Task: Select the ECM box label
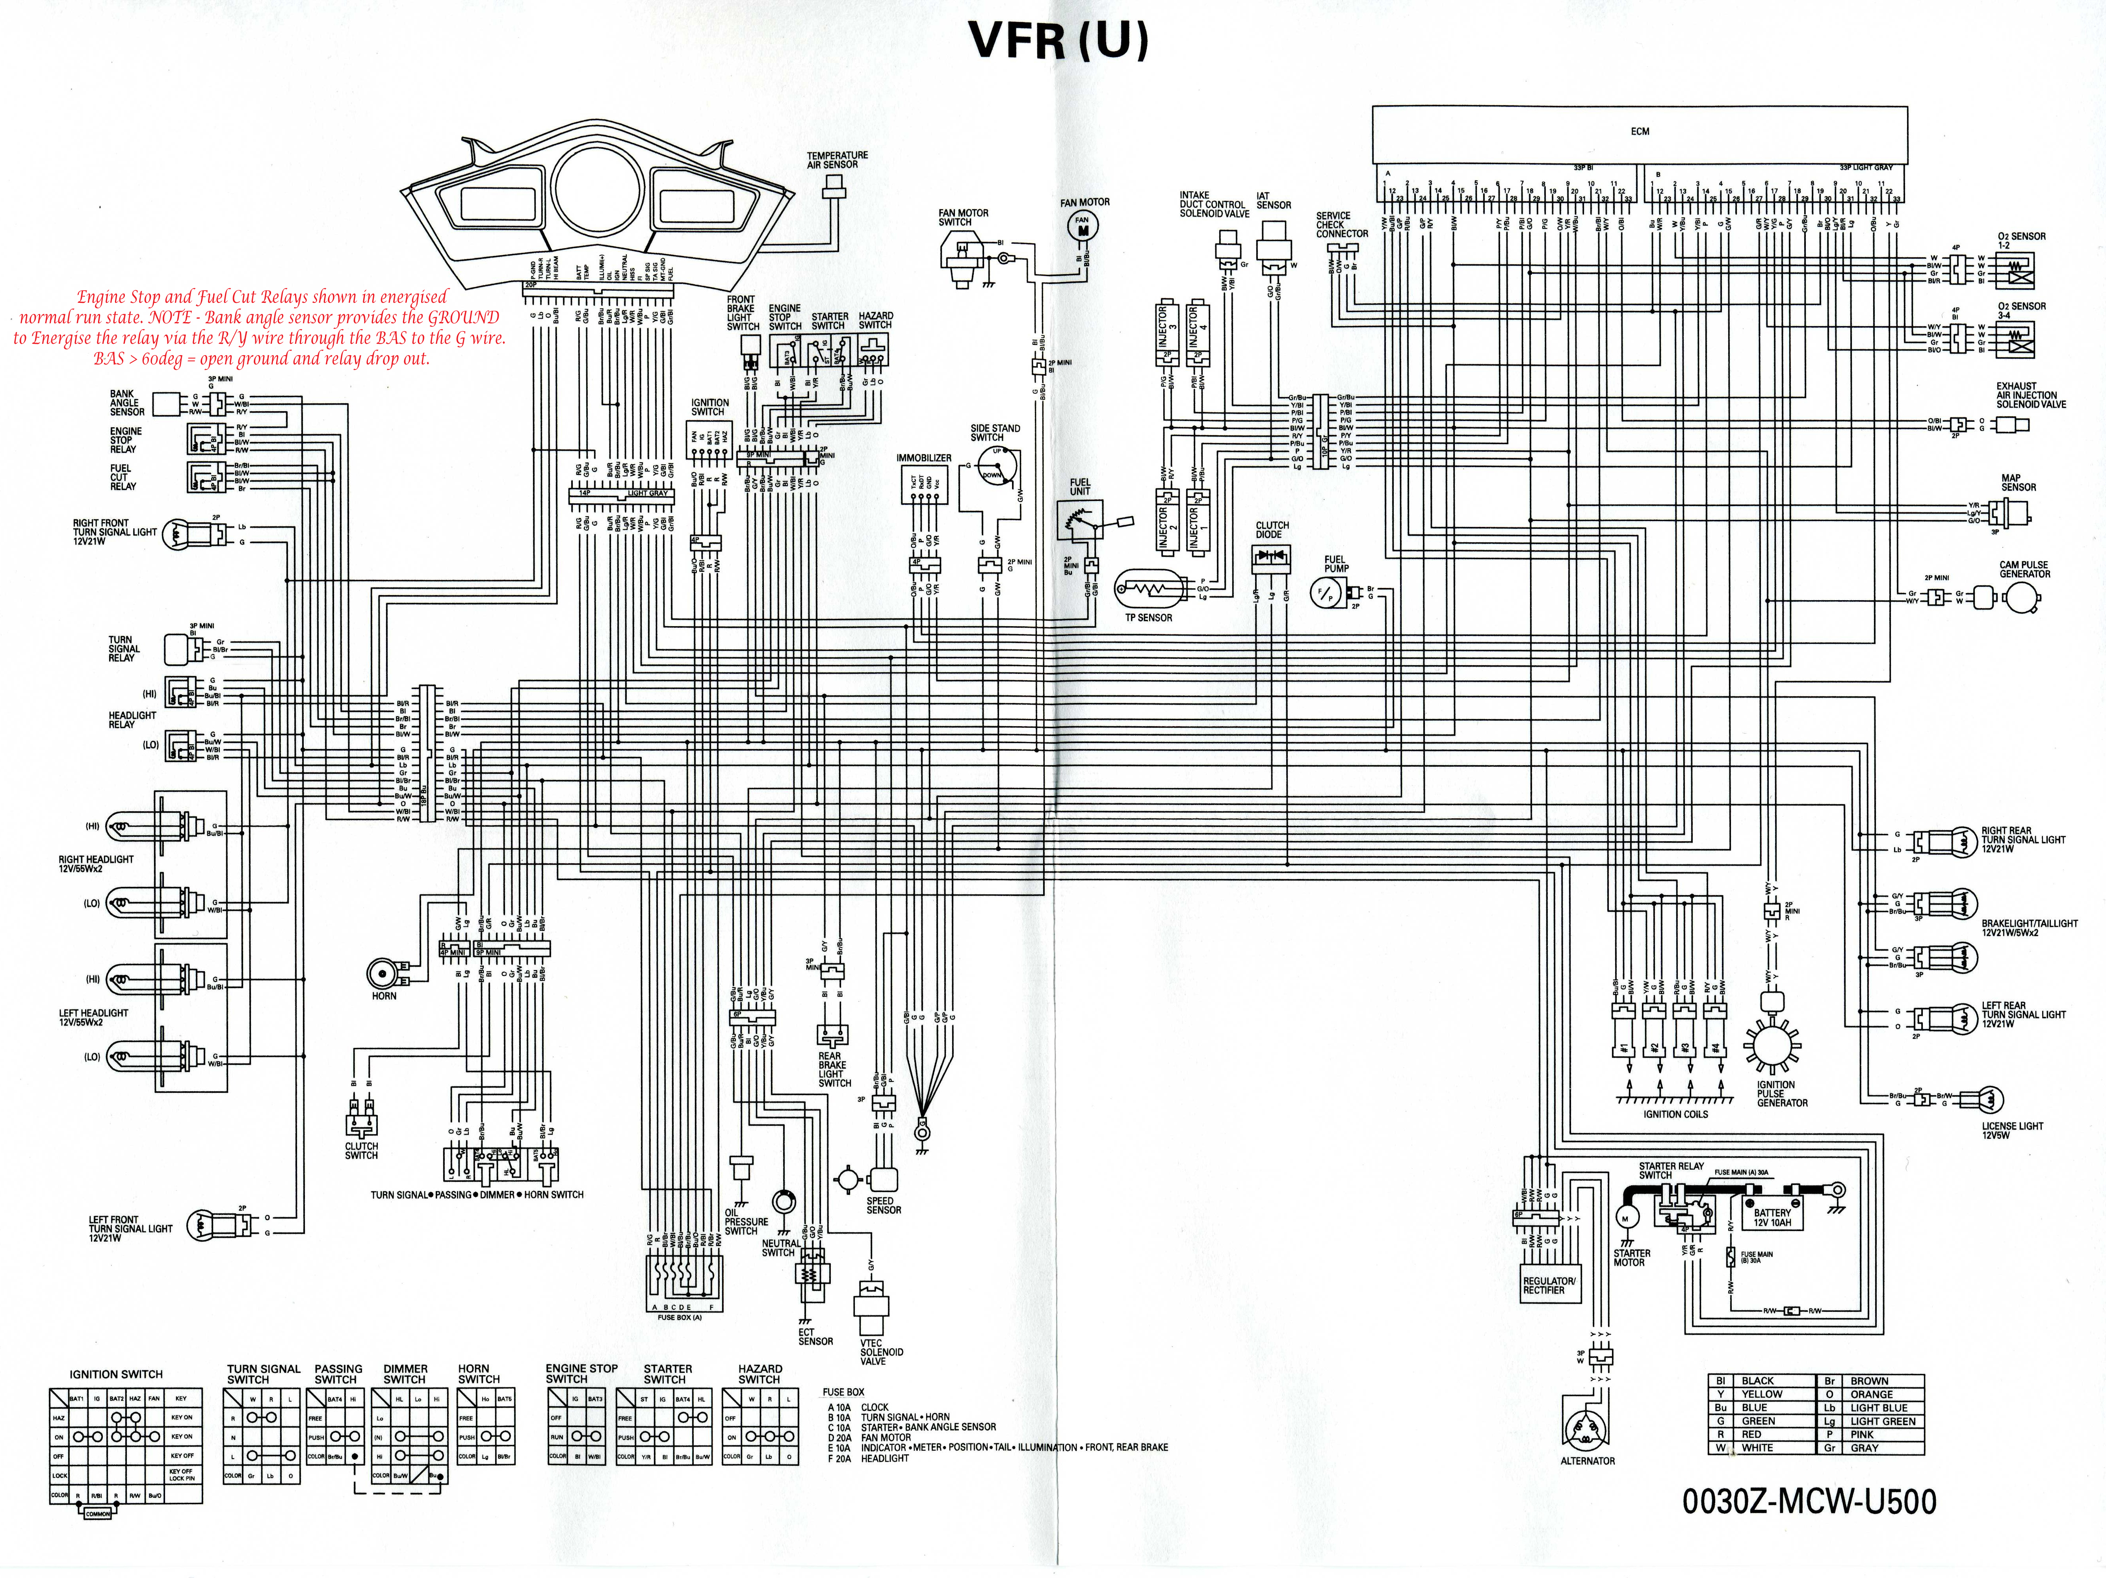[x=1640, y=132]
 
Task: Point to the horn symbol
[x=383, y=974]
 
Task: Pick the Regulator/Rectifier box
[x=1549, y=1285]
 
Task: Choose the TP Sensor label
[x=1148, y=617]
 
